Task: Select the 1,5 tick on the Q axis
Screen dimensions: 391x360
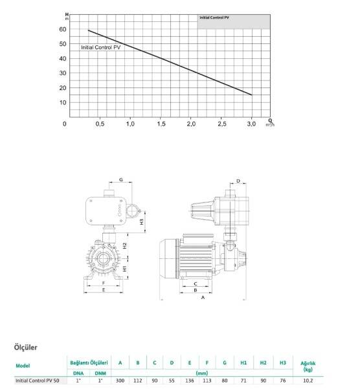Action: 160,123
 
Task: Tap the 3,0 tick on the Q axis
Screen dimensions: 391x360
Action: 251,123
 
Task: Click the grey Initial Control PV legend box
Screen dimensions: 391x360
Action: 234,19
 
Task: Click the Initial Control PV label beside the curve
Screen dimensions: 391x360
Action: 100,48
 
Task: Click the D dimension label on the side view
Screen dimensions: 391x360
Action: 238,181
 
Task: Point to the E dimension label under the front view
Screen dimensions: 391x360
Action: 103,291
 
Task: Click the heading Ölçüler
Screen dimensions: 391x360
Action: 27,348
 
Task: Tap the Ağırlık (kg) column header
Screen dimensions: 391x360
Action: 308,366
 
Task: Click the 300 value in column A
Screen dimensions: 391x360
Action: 120,381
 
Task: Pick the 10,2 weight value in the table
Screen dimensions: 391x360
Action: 308,381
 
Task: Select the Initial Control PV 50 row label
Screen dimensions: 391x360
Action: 37,381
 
